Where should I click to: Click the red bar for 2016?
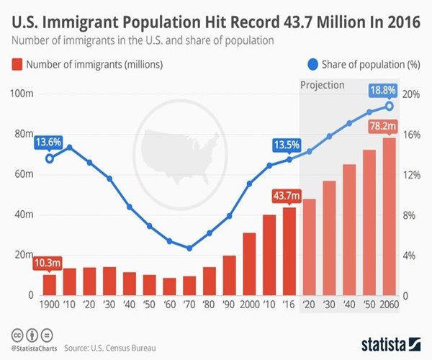[289, 251]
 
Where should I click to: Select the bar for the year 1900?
[49, 284]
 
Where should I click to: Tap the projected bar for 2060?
[389, 217]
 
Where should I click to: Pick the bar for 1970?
[189, 285]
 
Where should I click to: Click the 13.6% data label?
[48, 142]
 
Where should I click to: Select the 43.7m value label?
[288, 195]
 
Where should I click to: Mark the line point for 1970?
[189, 248]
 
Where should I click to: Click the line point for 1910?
[70, 147]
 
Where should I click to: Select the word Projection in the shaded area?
[323, 85]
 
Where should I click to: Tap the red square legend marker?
[15, 65]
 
